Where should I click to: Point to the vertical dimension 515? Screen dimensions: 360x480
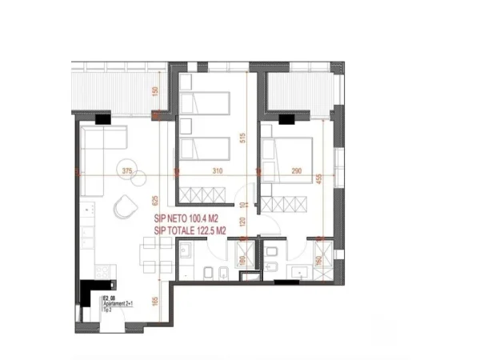[240, 137]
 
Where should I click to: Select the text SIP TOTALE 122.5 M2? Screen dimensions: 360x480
[196, 231]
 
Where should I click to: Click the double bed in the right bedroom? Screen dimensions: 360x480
[290, 152]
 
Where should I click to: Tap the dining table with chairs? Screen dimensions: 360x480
[145, 256]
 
